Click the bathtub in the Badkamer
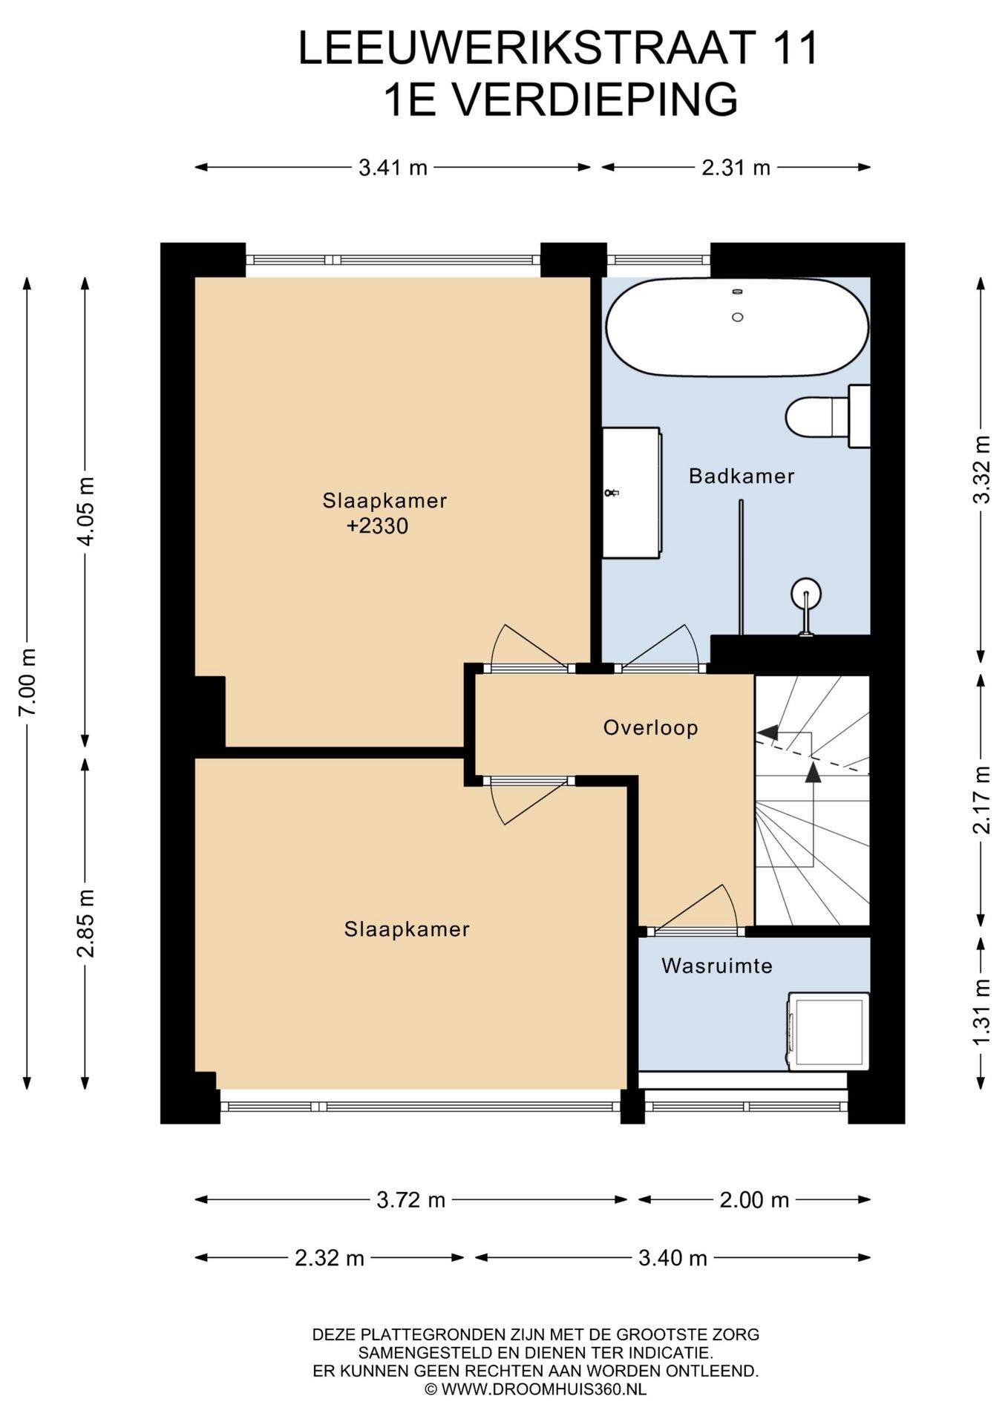pyautogui.click(x=737, y=327)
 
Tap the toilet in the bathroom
pyautogui.click(x=828, y=416)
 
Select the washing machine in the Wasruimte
pyautogui.click(x=828, y=1031)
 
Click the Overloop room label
pyautogui.click(x=650, y=727)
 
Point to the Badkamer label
pyautogui.click(x=742, y=476)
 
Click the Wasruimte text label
pyautogui.click(x=717, y=966)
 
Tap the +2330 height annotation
pyautogui.click(x=377, y=526)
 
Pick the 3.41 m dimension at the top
pyautogui.click(x=393, y=168)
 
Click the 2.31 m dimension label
pyautogui.click(x=736, y=168)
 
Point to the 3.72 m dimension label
pyautogui.click(x=410, y=1200)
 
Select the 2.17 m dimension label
pyautogui.click(x=981, y=800)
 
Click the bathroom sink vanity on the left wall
pyautogui.click(x=631, y=493)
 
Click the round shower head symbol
pyautogui.click(x=806, y=594)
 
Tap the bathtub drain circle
pyautogui.click(x=737, y=317)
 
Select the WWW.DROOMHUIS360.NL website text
pyautogui.click(x=544, y=1389)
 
